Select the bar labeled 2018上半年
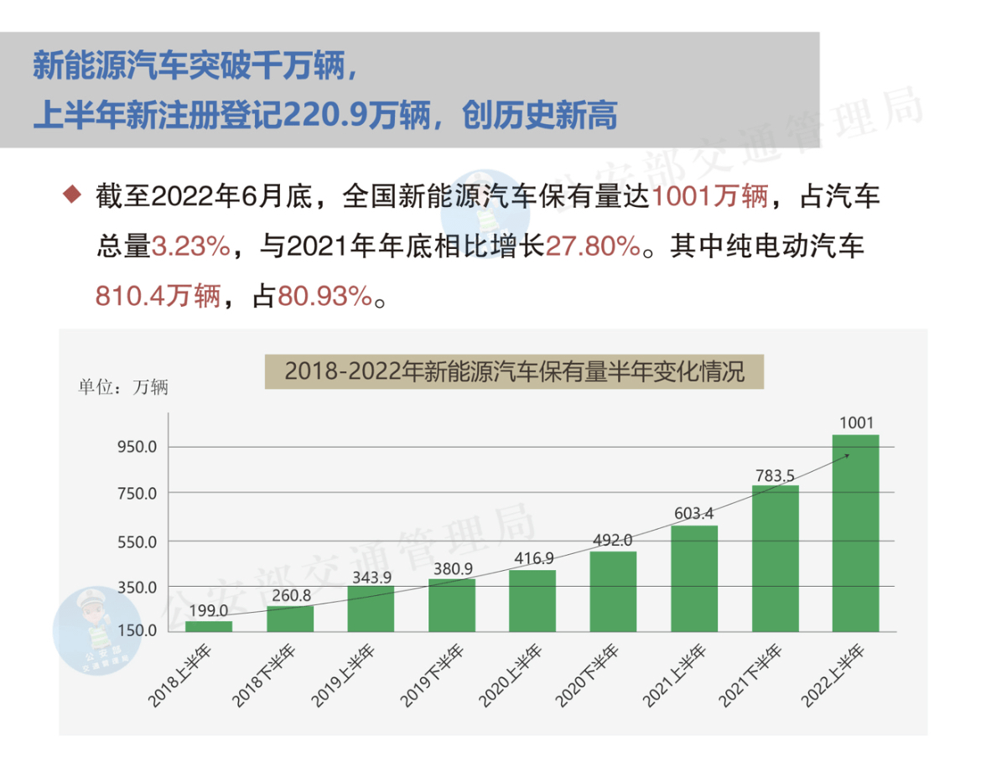[x=208, y=626]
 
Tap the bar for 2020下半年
[x=612, y=591]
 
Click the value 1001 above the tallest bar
[x=855, y=423]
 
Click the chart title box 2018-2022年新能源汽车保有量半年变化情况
[x=514, y=371]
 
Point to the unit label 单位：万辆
[x=123, y=387]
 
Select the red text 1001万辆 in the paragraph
[x=709, y=199]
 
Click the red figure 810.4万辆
[x=157, y=296]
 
